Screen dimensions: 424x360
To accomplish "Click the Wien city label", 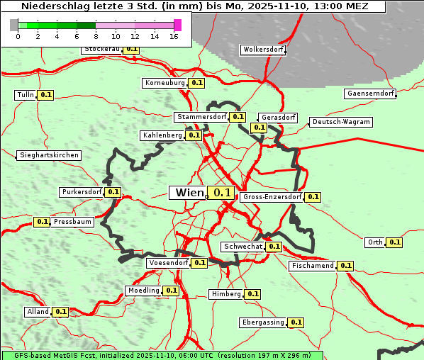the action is (189, 193).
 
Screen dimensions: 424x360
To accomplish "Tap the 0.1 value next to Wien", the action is (222, 193).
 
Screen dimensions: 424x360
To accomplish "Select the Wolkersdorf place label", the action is (263, 50).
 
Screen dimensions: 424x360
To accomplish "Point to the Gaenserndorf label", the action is (370, 94).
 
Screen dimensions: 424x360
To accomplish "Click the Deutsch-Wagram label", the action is (341, 122).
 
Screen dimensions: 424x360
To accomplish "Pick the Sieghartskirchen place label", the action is (49, 155).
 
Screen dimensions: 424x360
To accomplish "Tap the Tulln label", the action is (25, 95).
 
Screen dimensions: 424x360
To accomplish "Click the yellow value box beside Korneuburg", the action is (197, 83).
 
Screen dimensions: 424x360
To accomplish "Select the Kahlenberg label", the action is (162, 135).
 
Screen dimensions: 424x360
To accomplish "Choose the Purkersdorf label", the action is (82, 192).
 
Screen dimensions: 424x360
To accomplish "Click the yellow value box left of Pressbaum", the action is (42, 222).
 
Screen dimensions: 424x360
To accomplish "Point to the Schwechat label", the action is (243, 247).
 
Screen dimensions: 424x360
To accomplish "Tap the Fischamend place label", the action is (312, 266).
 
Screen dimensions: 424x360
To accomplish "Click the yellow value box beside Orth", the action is (395, 242).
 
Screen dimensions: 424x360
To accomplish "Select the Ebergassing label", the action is (263, 322).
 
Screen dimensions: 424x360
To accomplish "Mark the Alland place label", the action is (38, 312).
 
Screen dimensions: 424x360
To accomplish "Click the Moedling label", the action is (143, 291).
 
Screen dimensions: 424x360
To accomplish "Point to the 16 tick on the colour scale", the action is (174, 35).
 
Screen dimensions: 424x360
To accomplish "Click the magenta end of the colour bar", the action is (177, 25).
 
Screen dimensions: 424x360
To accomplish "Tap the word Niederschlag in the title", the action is (50, 6).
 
